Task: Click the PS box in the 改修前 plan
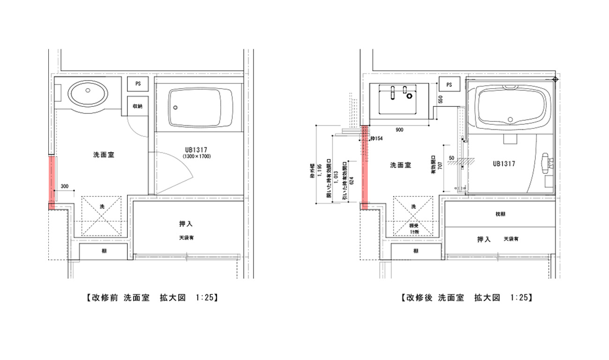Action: [x=138, y=84]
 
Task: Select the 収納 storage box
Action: [x=138, y=106]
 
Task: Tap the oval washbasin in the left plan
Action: [x=88, y=94]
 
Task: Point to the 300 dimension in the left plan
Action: [x=64, y=186]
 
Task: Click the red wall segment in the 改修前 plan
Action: [x=52, y=182]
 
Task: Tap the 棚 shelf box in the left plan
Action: [x=103, y=252]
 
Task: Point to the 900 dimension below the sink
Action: [x=399, y=130]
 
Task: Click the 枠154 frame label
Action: [x=376, y=139]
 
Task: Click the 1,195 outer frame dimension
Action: [x=320, y=173]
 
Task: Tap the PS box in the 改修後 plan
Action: [x=449, y=85]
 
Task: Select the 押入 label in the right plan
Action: [x=483, y=239]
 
